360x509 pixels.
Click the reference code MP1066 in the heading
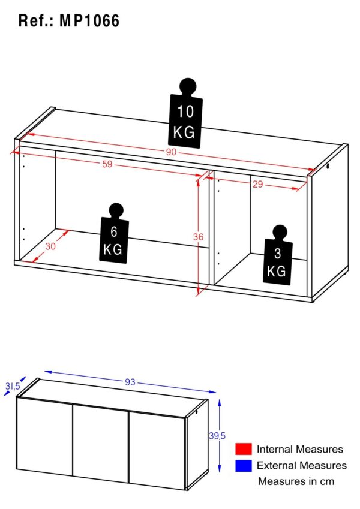coord(89,21)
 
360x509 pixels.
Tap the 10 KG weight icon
coord(185,114)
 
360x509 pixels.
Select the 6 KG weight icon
coord(114,233)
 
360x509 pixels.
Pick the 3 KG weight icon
coord(278,255)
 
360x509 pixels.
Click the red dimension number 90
coord(171,152)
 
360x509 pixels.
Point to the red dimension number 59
coord(107,164)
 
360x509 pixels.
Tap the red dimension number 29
coord(257,185)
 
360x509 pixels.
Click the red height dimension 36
coord(198,237)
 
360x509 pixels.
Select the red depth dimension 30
coord(50,246)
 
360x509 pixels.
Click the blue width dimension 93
coord(130,382)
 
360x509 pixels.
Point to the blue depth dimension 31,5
coord(13,386)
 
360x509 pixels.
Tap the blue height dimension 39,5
coord(217,436)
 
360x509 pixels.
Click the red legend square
coord(244,449)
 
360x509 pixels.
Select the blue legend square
coord(244,465)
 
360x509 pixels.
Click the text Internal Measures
coord(300,449)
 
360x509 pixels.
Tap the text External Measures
coord(302,465)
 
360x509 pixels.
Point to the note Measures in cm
coord(296,481)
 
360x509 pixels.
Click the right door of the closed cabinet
coord(157,451)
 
